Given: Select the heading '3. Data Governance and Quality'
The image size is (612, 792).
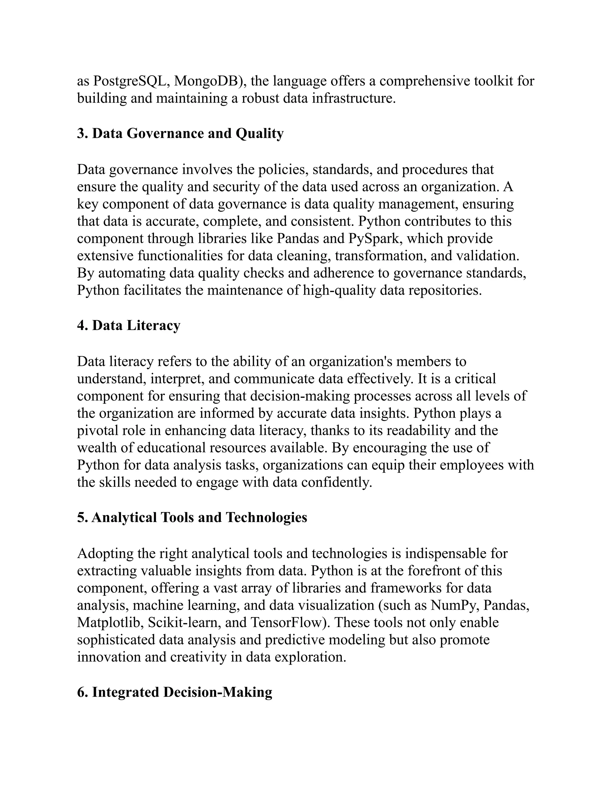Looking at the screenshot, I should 180,134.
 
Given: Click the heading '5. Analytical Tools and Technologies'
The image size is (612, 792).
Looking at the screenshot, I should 192,517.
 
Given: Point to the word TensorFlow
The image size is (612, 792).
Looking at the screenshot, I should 285,623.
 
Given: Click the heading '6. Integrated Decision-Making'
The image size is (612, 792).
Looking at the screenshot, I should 175,692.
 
